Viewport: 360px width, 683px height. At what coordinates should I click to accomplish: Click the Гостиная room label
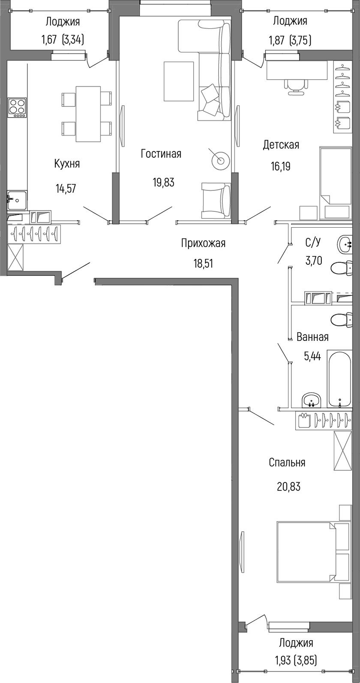click(x=161, y=153)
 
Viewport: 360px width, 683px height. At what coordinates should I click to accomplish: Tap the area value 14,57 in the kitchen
click(x=66, y=188)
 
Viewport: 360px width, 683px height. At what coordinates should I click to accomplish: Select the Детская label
click(x=281, y=144)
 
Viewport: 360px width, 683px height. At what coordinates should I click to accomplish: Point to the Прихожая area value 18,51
click(x=203, y=263)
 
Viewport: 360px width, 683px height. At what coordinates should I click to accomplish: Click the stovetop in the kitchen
click(x=17, y=108)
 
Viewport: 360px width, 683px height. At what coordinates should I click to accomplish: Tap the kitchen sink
click(x=17, y=200)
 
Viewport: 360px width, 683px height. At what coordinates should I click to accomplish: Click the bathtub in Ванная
click(x=339, y=379)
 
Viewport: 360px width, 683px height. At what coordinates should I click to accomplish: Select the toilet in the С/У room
click(x=341, y=269)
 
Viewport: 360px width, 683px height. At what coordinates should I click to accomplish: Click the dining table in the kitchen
click(x=88, y=114)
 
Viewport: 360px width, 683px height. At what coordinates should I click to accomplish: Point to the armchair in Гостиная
click(x=216, y=200)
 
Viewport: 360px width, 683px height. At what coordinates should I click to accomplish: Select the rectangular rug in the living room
click(x=179, y=81)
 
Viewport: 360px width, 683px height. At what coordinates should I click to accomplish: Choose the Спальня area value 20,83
click(x=289, y=487)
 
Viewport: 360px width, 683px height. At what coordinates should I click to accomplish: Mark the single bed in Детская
click(x=335, y=183)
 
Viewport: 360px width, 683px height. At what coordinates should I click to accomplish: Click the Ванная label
click(x=312, y=337)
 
